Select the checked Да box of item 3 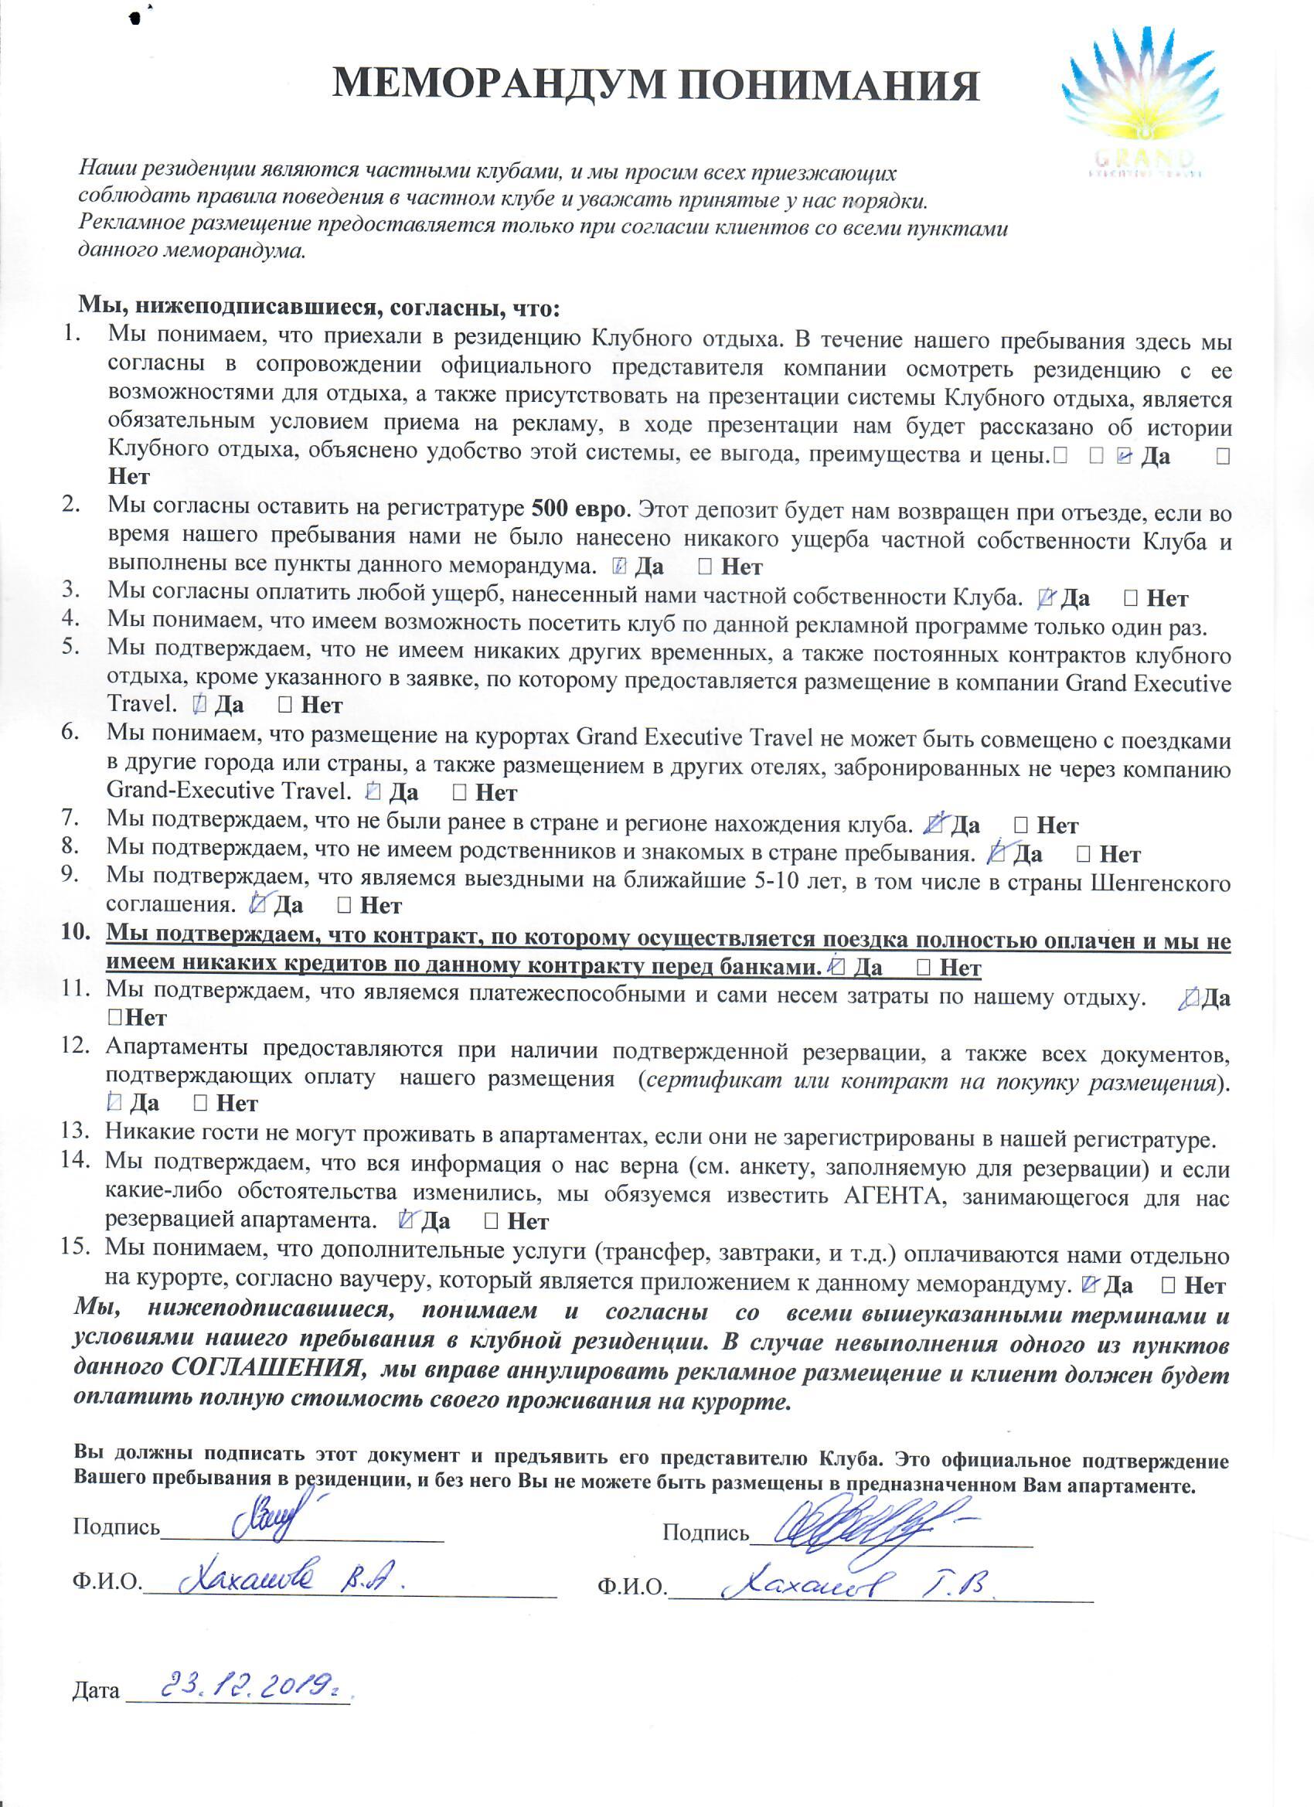(x=1049, y=597)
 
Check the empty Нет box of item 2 (x=705, y=567)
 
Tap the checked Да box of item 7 (x=936, y=825)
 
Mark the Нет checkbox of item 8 (x=1084, y=854)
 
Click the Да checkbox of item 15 (x=1091, y=1285)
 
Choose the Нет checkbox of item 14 (x=492, y=1220)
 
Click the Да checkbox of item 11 (x=1190, y=998)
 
